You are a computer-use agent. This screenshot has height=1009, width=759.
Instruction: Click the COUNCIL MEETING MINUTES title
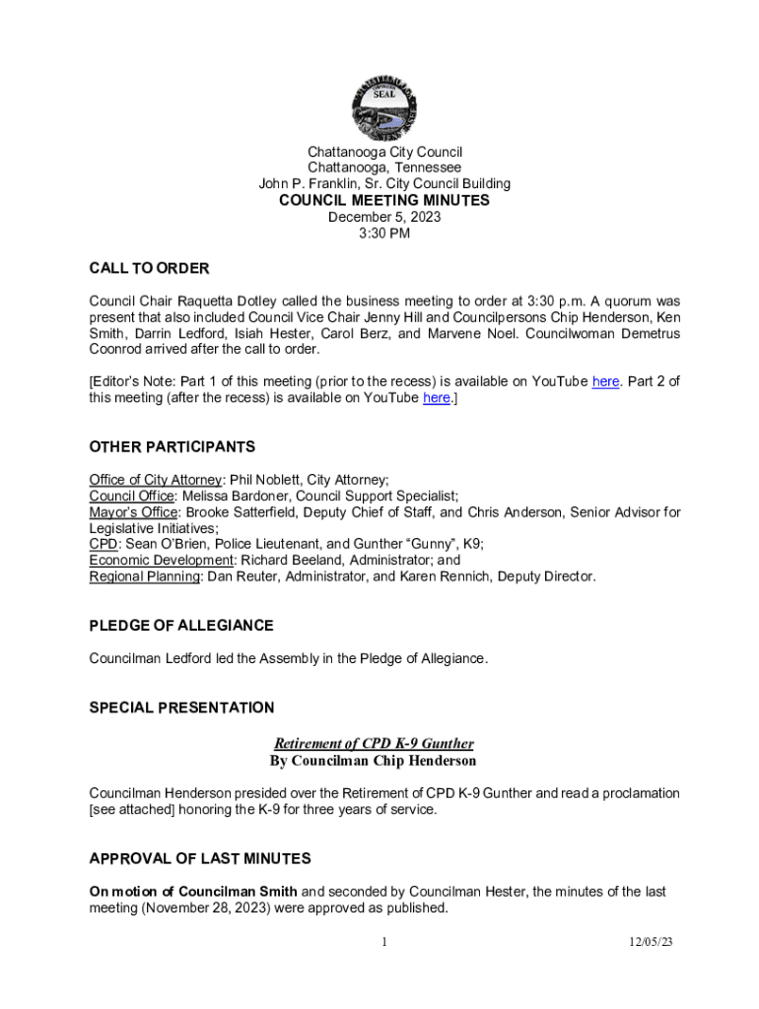384,200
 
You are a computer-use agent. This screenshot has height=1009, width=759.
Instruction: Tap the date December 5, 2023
384,217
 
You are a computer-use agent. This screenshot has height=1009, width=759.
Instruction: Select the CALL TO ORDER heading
149,269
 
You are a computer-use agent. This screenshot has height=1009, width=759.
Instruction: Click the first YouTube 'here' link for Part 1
605,381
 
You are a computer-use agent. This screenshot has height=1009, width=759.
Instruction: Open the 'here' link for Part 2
437,398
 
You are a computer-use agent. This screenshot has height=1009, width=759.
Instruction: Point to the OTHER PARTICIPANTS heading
172,447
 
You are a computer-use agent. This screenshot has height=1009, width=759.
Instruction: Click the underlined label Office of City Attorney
156,480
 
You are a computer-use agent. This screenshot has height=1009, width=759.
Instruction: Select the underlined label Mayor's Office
133,512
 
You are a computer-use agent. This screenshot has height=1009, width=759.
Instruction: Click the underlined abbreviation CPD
103,544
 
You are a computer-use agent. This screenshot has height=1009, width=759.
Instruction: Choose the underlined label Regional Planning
145,576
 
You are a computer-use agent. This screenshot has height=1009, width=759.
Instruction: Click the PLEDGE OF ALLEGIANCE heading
181,626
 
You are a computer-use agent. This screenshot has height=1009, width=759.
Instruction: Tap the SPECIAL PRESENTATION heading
181,707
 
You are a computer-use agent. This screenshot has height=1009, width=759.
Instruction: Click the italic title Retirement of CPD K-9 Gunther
374,744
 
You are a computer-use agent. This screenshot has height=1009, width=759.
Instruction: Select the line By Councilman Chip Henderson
374,761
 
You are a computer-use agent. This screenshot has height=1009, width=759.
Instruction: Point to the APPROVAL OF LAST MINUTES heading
200,858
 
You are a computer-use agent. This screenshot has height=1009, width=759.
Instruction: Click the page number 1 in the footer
384,943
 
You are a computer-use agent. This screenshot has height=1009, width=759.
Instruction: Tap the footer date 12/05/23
652,943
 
